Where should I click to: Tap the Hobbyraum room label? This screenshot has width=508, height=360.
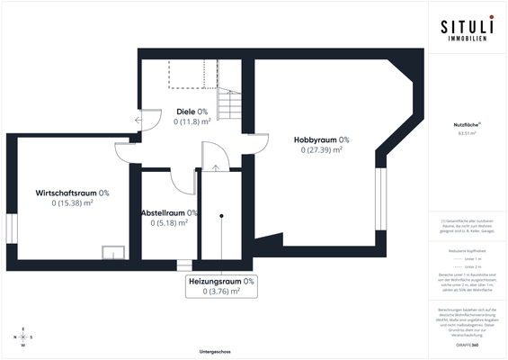point(321,140)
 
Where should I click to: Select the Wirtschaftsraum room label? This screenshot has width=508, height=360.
point(72,193)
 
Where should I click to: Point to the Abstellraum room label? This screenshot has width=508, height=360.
point(169,213)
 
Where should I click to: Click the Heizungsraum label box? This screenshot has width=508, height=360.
point(221,286)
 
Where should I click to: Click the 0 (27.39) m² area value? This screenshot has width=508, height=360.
point(322,150)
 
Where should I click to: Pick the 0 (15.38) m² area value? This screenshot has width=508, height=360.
point(73,203)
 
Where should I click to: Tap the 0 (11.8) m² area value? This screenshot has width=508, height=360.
point(192,121)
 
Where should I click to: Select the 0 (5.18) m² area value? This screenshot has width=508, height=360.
point(169,223)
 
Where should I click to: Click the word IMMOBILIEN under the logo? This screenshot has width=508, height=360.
point(465,40)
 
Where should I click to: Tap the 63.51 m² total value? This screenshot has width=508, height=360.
point(465,133)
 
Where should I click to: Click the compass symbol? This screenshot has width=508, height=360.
point(24,337)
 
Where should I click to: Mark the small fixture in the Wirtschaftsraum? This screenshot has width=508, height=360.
point(112,251)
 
